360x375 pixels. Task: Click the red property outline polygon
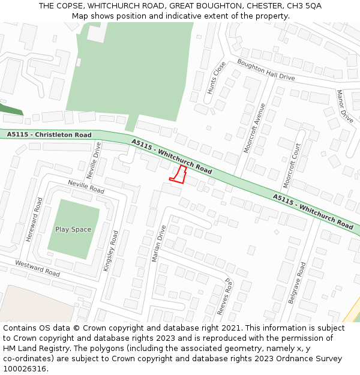(x=178, y=175)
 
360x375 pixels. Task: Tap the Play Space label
(x=73, y=229)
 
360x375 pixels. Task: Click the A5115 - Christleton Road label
(x=49, y=135)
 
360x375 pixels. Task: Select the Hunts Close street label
(x=216, y=77)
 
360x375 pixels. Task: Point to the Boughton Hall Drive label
(x=266, y=70)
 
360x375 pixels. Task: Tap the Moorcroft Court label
(x=291, y=163)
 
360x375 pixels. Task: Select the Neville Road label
(x=86, y=187)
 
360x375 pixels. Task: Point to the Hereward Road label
(x=34, y=220)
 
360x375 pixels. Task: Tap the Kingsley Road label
(x=111, y=251)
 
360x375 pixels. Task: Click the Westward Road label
(x=38, y=268)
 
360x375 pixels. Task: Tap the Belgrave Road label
(x=296, y=282)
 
